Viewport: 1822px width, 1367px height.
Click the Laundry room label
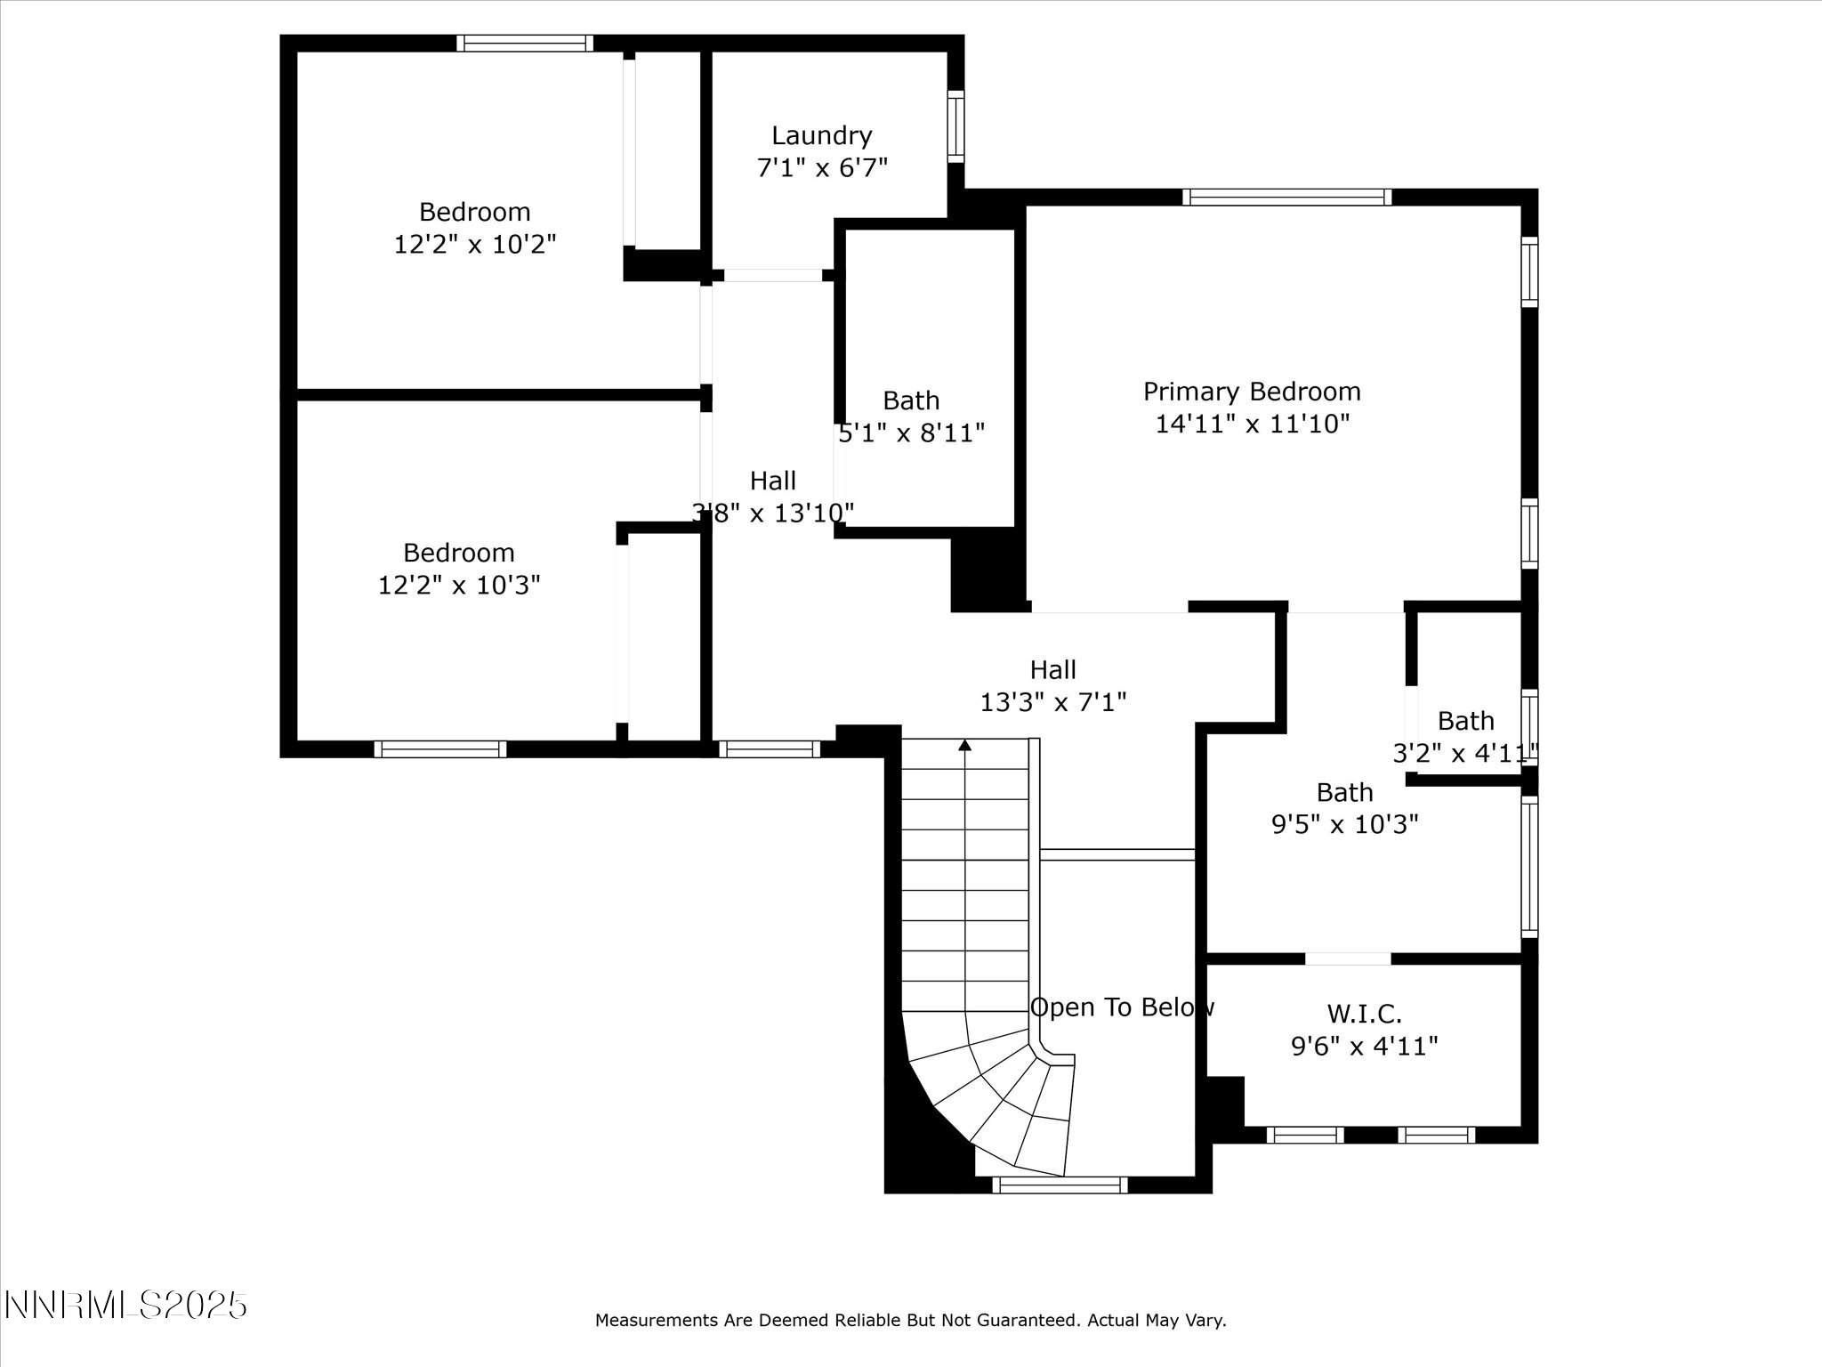click(821, 135)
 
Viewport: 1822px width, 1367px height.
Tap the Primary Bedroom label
click(1252, 392)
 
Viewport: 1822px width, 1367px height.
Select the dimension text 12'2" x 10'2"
click(475, 244)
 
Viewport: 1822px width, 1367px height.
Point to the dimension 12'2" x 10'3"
click(459, 585)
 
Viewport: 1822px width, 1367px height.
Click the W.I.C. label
click(1364, 1013)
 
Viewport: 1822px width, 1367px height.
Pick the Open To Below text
click(1121, 1007)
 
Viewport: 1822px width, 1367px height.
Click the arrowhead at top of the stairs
click(965, 745)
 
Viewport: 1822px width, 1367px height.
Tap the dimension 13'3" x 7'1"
click(1052, 702)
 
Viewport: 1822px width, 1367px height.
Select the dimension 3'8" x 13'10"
click(772, 513)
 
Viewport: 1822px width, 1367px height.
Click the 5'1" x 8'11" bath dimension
click(911, 433)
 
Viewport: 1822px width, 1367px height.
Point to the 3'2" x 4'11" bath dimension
click(1464, 754)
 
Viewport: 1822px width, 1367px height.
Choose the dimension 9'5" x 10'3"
click(1344, 824)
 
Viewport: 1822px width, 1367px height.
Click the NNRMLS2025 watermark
click(125, 1306)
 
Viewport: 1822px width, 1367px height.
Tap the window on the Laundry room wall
click(955, 125)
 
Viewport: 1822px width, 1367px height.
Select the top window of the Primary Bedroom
click(1286, 197)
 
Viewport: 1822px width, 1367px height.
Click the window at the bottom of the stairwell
click(1060, 1185)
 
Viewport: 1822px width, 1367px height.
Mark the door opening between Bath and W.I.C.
click(1348, 959)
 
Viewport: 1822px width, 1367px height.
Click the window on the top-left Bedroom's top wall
click(525, 43)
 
